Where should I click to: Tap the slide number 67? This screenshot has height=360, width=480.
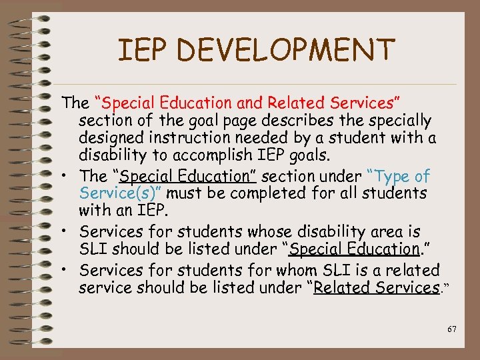pyautogui.click(x=452, y=329)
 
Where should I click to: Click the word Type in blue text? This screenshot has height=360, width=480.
pyautogui.click(x=394, y=177)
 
